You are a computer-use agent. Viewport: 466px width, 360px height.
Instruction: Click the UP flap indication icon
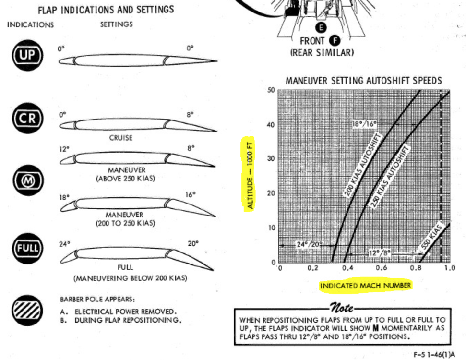[27, 56]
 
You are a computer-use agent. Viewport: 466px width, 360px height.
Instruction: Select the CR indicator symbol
[27, 118]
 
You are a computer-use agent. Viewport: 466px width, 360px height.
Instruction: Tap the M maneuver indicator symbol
[27, 180]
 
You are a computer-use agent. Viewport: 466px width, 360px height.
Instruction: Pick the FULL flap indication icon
[27, 248]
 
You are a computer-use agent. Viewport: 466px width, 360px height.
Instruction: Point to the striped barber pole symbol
[27, 310]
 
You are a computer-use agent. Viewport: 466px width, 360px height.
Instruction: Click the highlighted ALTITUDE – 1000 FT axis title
[250, 174]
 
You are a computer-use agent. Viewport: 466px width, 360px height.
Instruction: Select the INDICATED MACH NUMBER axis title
[366, 286]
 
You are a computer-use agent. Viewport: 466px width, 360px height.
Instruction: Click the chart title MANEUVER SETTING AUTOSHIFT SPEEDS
[363, 81]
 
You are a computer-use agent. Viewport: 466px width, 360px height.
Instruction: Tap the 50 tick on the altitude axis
[272, 91]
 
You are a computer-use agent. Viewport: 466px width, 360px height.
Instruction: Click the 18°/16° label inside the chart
[364, 124]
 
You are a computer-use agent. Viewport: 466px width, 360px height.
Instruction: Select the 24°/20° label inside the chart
[308, 244]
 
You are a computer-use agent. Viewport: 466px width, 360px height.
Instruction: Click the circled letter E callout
[320, 26]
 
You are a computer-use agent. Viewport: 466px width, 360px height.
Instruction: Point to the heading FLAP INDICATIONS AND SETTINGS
[106, 10]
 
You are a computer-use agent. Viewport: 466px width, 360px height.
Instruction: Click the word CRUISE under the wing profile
[120, 138]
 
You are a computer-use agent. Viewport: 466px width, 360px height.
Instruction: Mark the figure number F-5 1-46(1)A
[435, 354]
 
